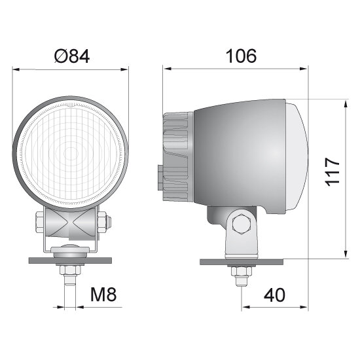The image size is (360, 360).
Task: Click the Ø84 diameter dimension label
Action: click(x=71, y=57)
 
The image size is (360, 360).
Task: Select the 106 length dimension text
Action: click(x=240, y=56)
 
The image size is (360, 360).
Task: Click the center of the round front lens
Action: click(x=71, y=154)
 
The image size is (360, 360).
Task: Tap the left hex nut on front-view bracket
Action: click(x=40, y=222)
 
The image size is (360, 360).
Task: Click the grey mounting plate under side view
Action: click(x=242, y=262)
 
